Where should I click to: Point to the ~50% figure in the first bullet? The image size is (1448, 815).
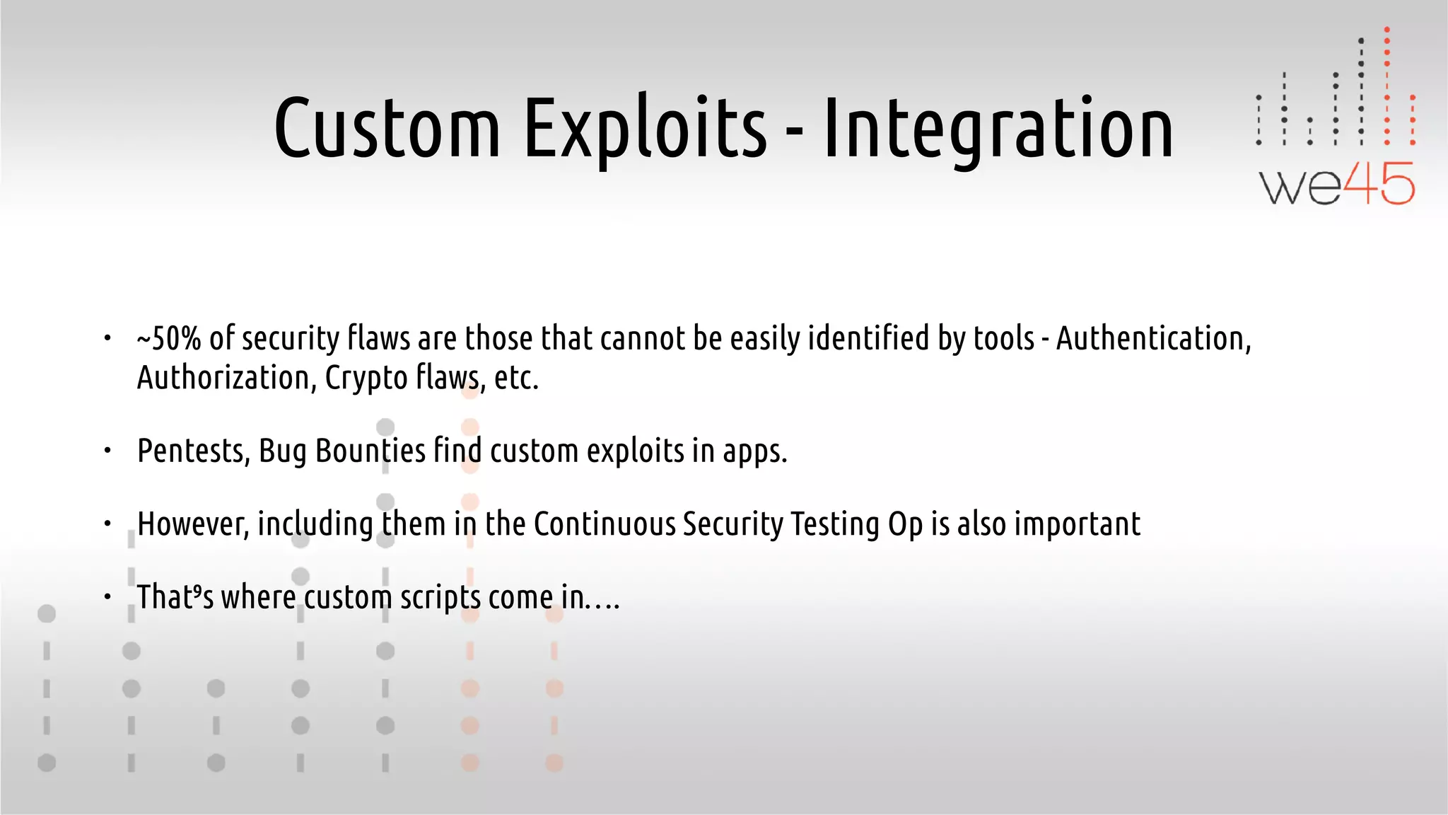pyautogui.click(x=169, y=338)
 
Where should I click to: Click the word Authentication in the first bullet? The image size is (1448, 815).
pyautogui.click(x=1153, y=338)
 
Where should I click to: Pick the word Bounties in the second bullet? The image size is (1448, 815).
pyautogui.click(x=370, y=451)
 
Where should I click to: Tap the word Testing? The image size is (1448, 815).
pyautogui.click(x=834, y=524)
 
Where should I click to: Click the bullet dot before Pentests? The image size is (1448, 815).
pyautogui.click(x=107, y=451)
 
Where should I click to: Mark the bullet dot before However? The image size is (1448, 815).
pyautogui.click(x=107, y=524)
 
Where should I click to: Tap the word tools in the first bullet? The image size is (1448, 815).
pyautogui.click(x=1004, y=338)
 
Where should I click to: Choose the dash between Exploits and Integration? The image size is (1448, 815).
pyautogui.click(x=795, y=132)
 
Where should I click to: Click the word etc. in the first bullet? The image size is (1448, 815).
pyautogui.click(x=516, y=378)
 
